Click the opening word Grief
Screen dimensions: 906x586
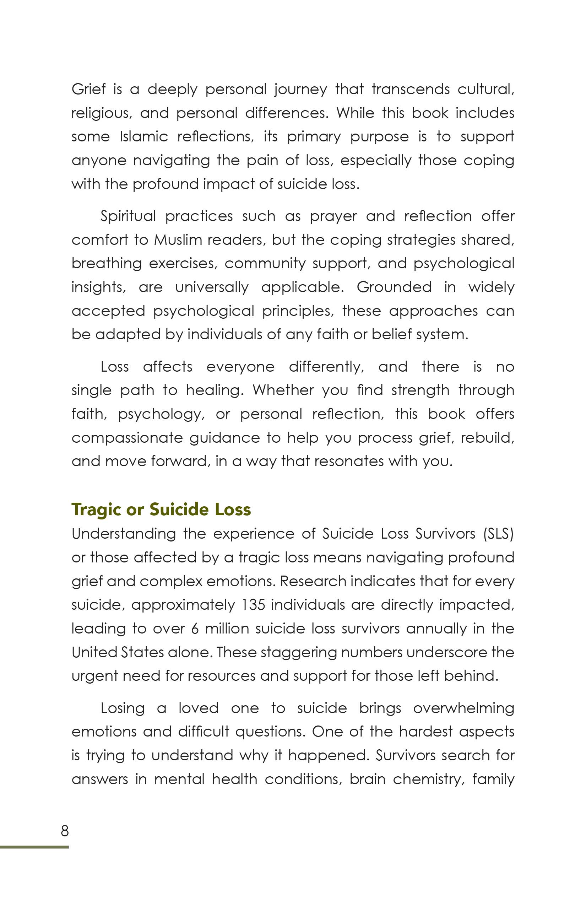tap(88, 90)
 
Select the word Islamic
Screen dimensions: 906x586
tap(143, 137)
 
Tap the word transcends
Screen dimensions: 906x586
tap(411, 90)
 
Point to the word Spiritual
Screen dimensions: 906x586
tap(128, 216)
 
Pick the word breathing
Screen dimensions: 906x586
tap(107, 264)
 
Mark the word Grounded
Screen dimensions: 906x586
tap(394, 287)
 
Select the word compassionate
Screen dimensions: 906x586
tap(127, 438)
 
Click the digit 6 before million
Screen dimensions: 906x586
tap(195, 629)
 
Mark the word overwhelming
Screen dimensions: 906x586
tap(463, 708)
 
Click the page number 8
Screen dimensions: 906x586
tap(65, 831)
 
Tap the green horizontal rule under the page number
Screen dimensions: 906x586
tap(34, 847)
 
